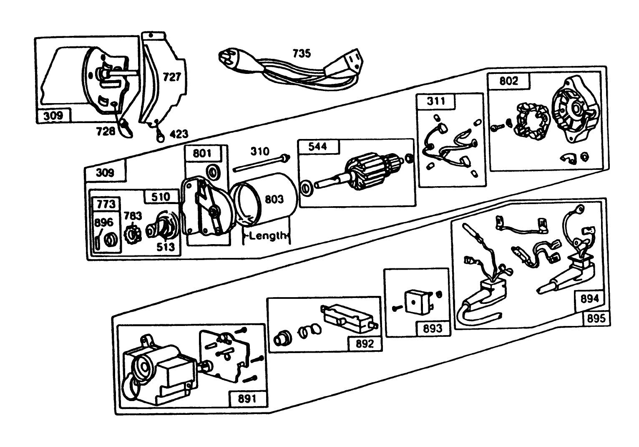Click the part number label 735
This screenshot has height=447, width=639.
[x=302, y=53]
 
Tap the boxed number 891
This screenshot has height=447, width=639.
[x=247, y=399]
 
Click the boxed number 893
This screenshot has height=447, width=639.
[x=432, y=328]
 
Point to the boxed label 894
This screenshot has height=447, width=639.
[x=589, y=298]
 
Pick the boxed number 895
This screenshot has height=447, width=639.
[x=596, y=318]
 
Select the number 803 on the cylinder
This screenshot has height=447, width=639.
[x=274, y=199]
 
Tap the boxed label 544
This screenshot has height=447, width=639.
[x=318, y=146]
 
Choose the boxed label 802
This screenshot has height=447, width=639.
[x=508, y=81]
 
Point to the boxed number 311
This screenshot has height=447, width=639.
[x=436, y=101]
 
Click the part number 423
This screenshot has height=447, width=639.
[x=179, y=134]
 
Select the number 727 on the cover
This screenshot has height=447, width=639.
[x=171, y=77]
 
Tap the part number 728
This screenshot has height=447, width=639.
[x=105, y=131]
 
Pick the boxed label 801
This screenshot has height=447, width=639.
[x=202, y=153]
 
